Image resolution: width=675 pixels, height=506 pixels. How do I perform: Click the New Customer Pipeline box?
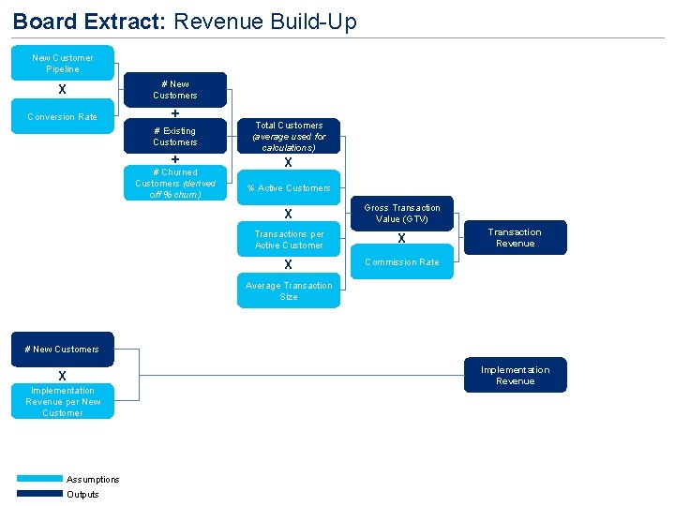click(63, 63)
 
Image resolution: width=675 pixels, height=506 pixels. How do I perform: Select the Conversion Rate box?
click(63, 117)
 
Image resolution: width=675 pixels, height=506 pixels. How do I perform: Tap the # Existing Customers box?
click(175, 137)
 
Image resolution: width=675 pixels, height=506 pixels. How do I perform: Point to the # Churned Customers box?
click(175, 184)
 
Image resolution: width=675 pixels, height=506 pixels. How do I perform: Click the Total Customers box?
click(289, 137)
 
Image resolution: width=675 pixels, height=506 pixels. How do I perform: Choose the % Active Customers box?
click(289, 188)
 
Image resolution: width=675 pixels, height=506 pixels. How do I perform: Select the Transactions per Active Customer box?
click(289, 240)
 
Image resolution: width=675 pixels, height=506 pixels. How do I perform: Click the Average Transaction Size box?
click(289, 291)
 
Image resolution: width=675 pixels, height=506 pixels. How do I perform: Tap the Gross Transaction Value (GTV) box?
click(402, 214)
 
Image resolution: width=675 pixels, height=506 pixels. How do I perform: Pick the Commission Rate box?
click(402, 262)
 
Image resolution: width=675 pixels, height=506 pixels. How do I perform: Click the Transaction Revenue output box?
click(515, 238)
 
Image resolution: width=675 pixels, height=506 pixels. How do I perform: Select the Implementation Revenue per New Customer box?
click(63, 402)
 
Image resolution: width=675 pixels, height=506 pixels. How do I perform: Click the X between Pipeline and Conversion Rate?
click(62, 90)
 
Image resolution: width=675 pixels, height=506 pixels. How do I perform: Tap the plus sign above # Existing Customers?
click(175, 113)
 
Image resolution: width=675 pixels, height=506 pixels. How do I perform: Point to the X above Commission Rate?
click(401, 239)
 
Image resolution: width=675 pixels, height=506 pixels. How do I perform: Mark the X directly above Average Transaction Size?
click(289, 265)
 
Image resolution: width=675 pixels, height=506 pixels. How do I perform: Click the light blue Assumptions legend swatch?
click(39, 479)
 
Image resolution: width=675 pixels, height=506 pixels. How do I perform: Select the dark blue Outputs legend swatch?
click(39, 494)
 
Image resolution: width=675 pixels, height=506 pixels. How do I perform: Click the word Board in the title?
click(40, 21)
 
